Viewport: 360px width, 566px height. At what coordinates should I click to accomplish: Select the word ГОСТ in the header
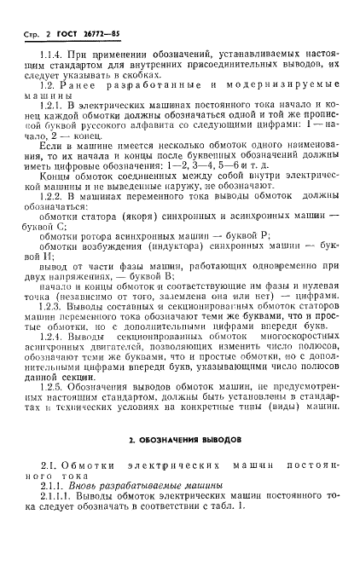[57, 32]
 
